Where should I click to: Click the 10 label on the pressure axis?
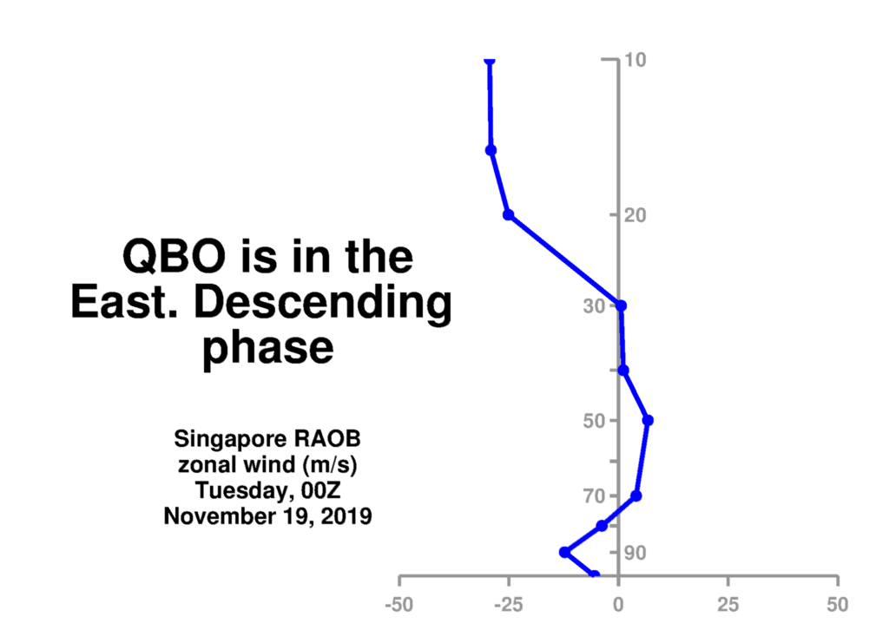[635, 60]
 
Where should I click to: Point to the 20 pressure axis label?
[635, 215]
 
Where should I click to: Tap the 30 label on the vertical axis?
[594, 306]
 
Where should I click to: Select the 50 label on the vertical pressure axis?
[594, 421]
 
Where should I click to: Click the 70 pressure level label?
[594, 496]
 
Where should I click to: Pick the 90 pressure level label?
[635, 553]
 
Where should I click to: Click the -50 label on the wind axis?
[399, 605]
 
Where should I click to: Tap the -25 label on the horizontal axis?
[509, 605]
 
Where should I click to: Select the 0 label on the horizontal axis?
[618, 605]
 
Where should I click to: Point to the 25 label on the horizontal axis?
[728, 605]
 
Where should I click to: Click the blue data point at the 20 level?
[509, 214]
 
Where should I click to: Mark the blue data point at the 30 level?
[622, 306]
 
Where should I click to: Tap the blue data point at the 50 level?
[648, 420]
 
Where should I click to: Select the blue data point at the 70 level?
[636, 496]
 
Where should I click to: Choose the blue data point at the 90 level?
[564, 553]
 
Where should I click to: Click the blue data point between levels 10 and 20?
[491, 150]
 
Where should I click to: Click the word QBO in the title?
[174, 257]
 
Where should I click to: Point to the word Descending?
[323, 303]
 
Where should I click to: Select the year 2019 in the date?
[346, 516]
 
